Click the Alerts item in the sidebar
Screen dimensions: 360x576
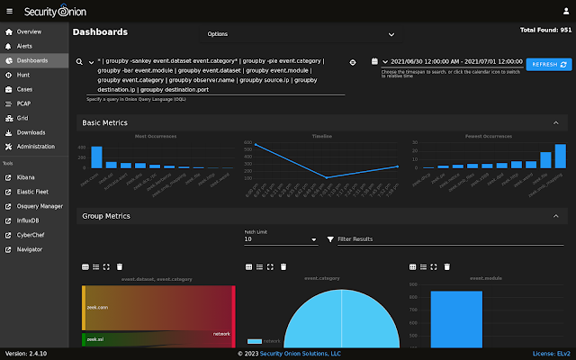[x=24, y=46]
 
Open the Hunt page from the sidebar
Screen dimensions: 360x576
[x=22, y=75]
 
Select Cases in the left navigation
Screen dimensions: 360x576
[x=24, y=89]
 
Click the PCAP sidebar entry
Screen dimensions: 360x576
[x=24, y=103]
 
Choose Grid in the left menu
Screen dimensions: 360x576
[x=22, y=118]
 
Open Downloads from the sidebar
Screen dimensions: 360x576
[x=30, y=132]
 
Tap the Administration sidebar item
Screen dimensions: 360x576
[x=35, y=146]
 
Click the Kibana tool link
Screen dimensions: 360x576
[x=27, y=177]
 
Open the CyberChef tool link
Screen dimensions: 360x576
[x=31, y=235]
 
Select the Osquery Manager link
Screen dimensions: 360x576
[x=40, y=206]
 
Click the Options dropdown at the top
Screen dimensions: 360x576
[x=301, y=34]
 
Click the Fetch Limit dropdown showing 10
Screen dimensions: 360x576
[x=280, y=239]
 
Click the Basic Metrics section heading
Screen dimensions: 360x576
[x=105, y=122]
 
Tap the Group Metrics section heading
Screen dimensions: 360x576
[x=106, y=216]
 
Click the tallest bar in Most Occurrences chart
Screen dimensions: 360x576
[x=96, y=157]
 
